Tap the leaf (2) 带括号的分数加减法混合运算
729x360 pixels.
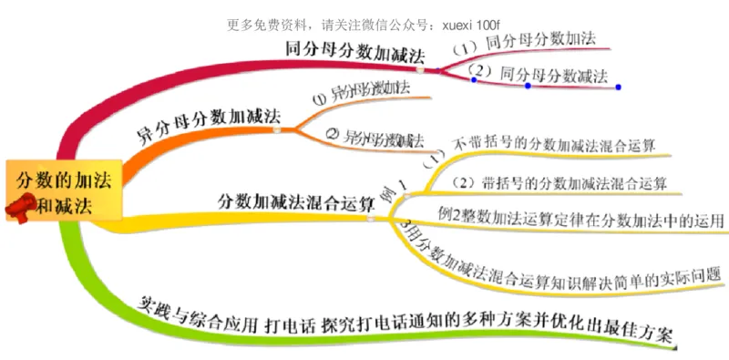pos(560,183)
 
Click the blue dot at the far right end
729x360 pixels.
pos(618,87)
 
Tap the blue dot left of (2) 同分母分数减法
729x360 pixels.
pos(473,79)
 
